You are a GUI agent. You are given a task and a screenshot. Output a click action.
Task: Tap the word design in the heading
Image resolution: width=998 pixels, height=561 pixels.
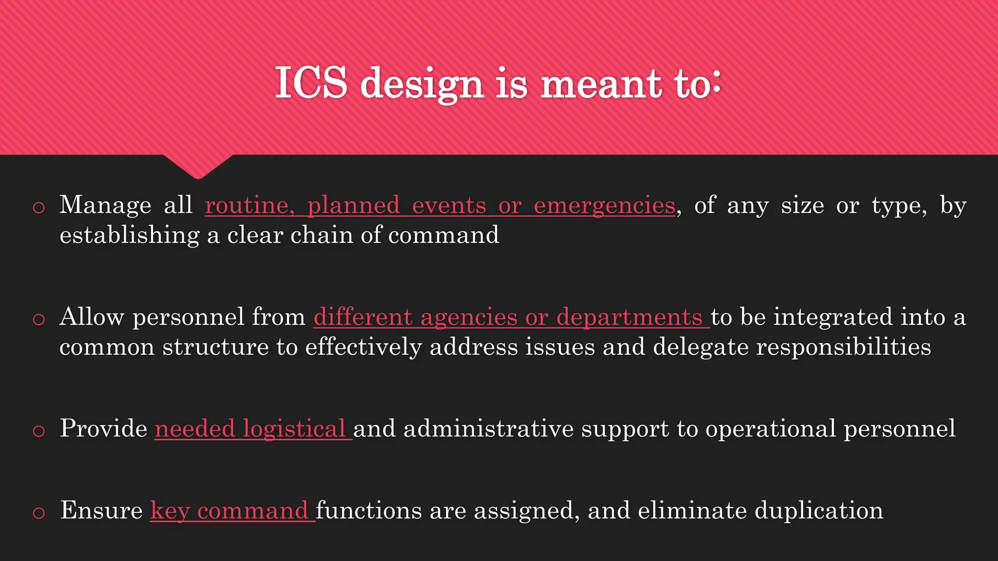point(422,84)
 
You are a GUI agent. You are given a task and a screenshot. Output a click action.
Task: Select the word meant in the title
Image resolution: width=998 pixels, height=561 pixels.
point(601,84)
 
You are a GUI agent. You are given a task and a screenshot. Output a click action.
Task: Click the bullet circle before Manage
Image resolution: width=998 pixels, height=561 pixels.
point(38,207)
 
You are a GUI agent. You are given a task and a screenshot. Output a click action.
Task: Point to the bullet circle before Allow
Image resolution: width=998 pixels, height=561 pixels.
point(38,319)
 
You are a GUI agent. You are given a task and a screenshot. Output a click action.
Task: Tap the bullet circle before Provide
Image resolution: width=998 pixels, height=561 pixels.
point(38,431)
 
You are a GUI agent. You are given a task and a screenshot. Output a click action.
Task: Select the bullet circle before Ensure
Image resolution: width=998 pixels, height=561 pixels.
point(38,513)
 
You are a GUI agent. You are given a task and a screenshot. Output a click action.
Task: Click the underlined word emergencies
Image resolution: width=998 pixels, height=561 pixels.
point(604,206)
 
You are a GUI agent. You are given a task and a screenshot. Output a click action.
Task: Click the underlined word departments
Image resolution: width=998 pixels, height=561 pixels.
point(629,317)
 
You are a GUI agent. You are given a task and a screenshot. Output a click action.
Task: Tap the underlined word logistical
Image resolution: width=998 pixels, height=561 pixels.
point(294,429)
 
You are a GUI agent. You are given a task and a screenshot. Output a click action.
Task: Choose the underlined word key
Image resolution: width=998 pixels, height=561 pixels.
point(170,511)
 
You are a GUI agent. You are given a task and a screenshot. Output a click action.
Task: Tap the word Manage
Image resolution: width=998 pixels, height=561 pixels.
point(105,205)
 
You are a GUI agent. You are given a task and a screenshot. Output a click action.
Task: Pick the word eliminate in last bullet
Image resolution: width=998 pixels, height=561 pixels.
point(692,510)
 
